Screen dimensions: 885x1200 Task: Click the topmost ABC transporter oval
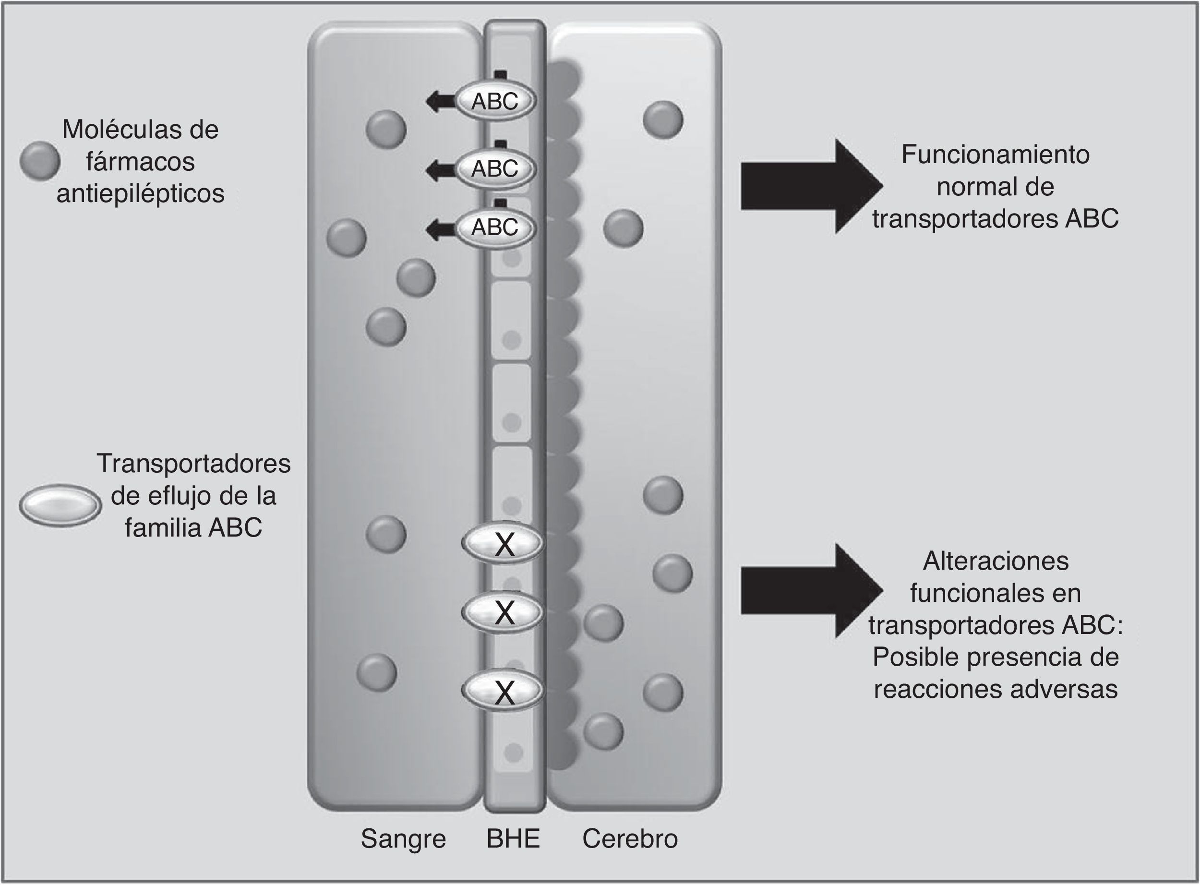point(495,101)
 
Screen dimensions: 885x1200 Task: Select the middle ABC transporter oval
point(495,169)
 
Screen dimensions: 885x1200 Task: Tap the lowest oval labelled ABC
point(495,227)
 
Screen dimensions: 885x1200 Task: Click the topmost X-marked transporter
point(503,544)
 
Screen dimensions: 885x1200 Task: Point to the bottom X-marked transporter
point(503,691)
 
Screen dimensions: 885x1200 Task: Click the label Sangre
point(403,838)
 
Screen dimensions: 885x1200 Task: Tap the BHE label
point(513,838)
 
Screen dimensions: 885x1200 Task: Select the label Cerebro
point(630,838)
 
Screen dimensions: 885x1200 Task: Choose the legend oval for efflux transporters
point(60,504)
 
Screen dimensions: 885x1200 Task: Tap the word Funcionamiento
point(995,155)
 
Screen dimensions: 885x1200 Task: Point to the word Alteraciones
point(996,562)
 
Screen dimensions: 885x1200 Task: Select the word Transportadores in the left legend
point(193,464)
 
